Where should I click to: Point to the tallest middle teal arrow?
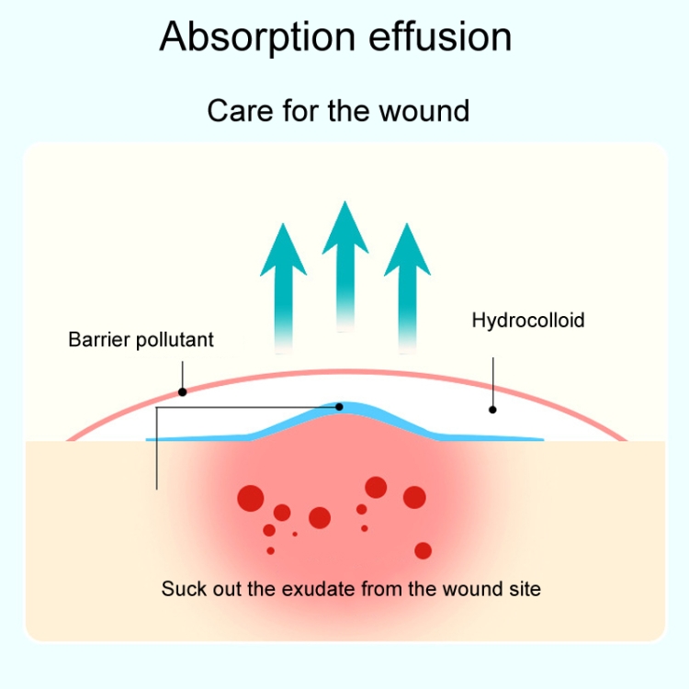pos(344,257)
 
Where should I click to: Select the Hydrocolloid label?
pos(528,321)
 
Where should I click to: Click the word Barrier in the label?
pos(99,340)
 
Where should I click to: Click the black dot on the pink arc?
pos(183,392)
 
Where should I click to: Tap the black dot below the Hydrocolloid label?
pos(493,410)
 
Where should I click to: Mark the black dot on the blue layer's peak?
pos(340,406)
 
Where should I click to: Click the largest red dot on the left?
pos(251,498)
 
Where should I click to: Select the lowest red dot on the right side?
pos(423,550)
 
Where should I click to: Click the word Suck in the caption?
pos(181,588)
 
